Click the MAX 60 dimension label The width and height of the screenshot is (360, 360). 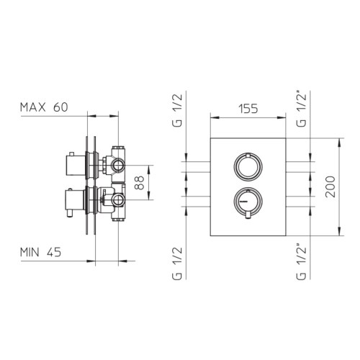click(44, 107)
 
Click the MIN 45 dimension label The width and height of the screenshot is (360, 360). click(40, 252)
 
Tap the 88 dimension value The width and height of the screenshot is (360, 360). click(140, 183)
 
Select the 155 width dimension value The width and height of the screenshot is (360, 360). click(248, 109)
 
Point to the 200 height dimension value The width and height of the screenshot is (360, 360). click(330, 186)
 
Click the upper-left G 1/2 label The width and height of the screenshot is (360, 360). click(177, 110)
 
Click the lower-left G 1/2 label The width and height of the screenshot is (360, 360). click(177, 264)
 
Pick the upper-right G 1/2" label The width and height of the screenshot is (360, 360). click(302, 109)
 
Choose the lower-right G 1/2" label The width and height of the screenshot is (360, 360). click(302, 262)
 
